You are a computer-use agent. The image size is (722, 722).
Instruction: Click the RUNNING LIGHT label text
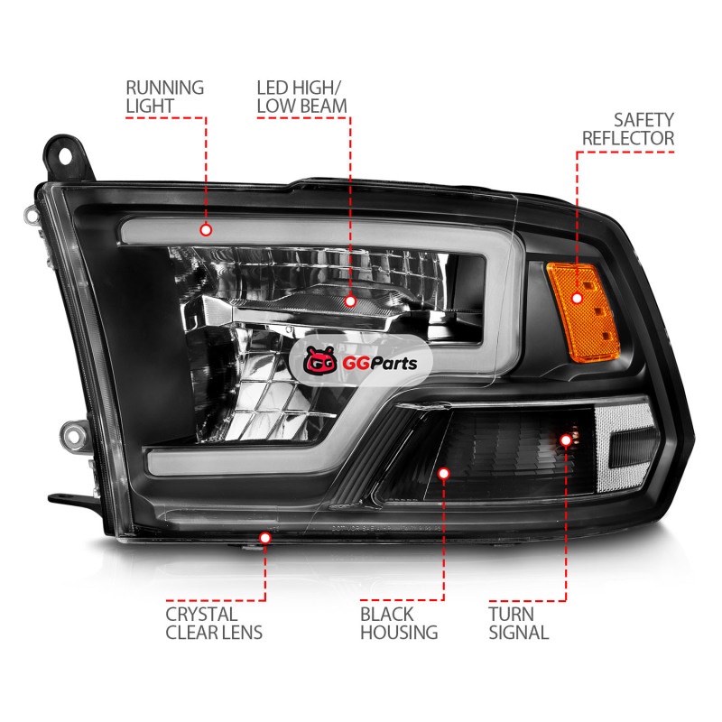click(164, 97)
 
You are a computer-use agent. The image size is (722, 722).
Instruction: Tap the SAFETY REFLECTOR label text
click(628, 128)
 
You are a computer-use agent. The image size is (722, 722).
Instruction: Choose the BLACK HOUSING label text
click(399, 623)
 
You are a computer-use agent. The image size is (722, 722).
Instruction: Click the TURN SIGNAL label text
click(518, 623)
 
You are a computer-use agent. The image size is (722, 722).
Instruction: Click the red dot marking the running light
click(206, 230)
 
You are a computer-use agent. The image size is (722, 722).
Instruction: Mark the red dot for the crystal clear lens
click(265, 538)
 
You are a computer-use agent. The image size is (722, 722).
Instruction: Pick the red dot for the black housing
click(443, 472)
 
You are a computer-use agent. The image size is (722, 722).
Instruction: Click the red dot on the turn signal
click(566, 440)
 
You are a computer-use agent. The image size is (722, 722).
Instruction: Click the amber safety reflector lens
click(578, 298)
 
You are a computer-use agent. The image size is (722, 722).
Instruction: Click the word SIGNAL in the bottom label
click(518, 633)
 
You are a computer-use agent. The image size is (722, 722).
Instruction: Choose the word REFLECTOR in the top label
click(628, 138)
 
